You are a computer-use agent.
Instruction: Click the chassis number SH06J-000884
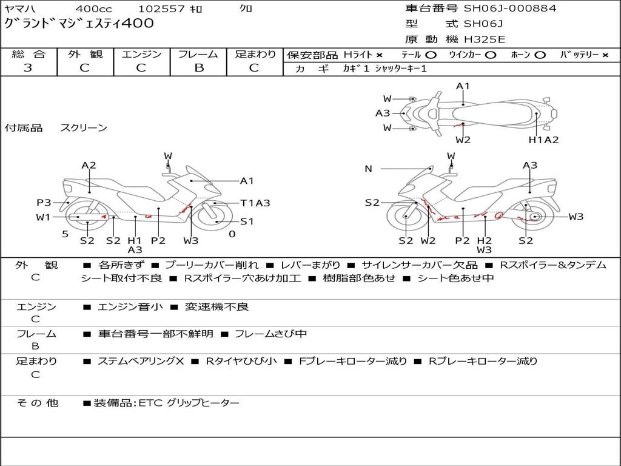[510, 8]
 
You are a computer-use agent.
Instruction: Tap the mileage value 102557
[161, 8]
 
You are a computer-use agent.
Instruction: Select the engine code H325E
[485, 39]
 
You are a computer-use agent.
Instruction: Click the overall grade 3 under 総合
[28, 68]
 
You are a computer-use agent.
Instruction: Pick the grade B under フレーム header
[199, 68]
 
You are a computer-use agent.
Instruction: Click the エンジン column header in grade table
[141, 54]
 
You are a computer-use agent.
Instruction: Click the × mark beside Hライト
[380, 55]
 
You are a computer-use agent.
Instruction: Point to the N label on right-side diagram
[368, 169]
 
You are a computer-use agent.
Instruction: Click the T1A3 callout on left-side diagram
[255, 203]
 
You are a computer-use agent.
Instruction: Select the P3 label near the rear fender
[44, 203]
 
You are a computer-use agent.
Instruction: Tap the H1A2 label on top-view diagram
[543, 140]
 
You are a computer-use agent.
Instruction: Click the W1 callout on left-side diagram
[43, 217]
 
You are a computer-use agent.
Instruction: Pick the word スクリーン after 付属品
[84, 127]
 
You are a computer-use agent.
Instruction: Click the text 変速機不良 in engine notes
[217, 306]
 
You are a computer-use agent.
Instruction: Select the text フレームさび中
[271, 334]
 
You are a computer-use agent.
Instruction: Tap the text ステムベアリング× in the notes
[141, 361]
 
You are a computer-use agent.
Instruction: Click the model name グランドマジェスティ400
[79, 24]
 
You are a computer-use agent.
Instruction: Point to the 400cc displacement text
[93, 8]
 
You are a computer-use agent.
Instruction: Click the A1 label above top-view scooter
[463, 86]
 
